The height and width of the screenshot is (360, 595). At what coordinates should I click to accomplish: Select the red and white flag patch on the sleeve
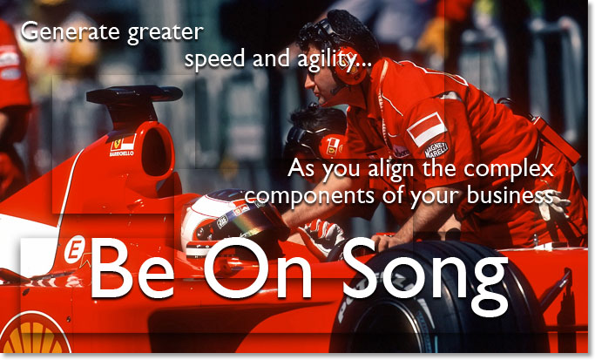[427, 128]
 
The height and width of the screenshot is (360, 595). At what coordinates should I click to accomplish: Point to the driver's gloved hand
[322, 234]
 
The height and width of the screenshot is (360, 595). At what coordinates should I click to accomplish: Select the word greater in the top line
[165, 33]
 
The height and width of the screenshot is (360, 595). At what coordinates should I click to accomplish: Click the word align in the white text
[412, 167]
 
